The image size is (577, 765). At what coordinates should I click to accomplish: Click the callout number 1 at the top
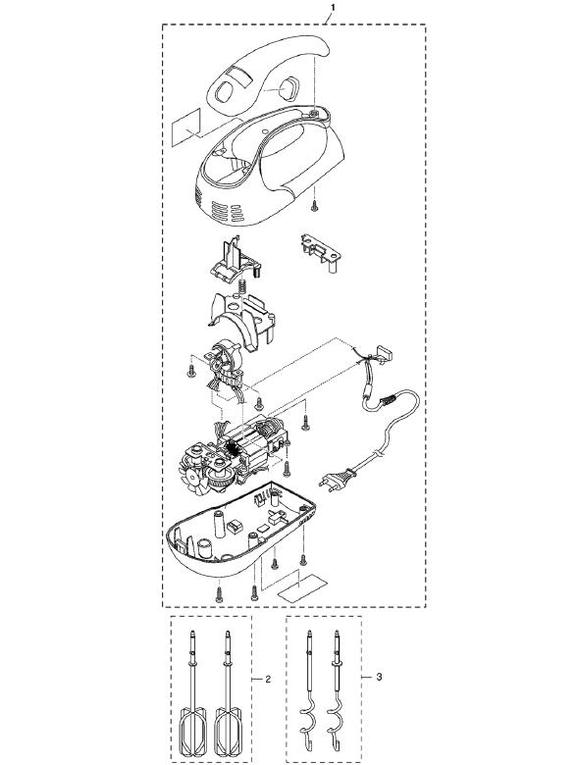coord(333,7)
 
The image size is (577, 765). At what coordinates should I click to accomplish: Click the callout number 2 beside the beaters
coord(268,679)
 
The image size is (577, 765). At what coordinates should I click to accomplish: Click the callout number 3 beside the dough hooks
coord(380,677)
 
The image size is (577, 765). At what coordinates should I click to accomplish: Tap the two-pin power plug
coord(336,478)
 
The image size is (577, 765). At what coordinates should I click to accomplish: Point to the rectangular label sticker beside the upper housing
coord(186,127)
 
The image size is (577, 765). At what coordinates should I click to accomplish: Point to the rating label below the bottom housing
coord(302,586)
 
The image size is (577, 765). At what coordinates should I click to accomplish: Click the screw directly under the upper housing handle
coord(315,206)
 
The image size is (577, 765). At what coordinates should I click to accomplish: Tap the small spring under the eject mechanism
coord(240,288)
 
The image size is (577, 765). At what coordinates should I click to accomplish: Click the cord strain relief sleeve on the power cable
coord(389,401)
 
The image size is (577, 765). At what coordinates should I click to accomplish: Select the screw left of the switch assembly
coord(191,372)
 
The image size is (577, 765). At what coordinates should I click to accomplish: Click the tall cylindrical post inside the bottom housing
coord(219,522)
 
